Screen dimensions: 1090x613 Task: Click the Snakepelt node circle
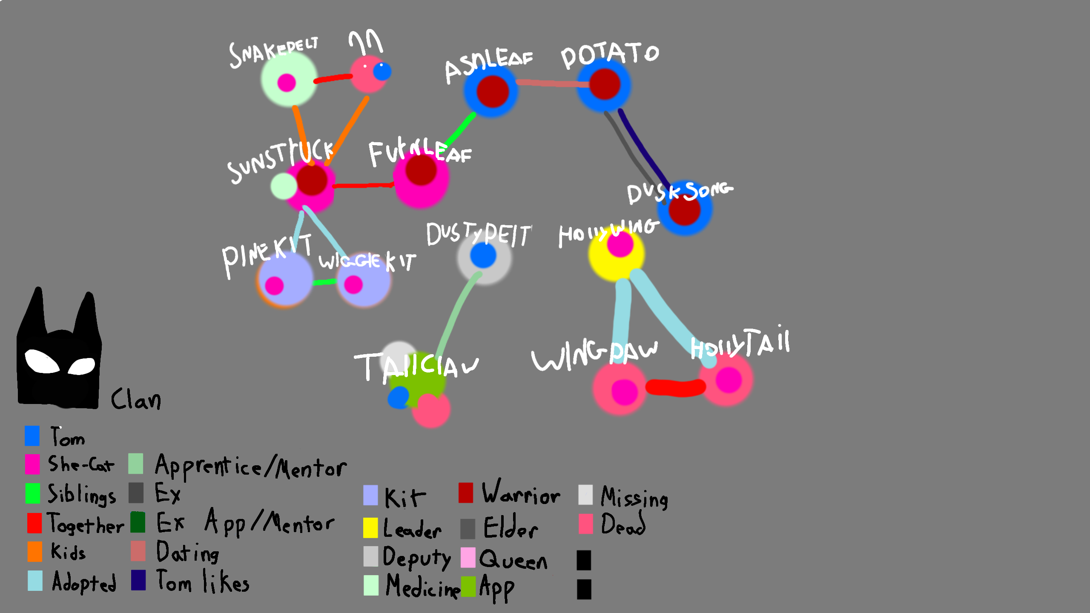tap(289, 79)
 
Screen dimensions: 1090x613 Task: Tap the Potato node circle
tap(604, 85)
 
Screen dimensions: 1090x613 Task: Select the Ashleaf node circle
tap(491, 91)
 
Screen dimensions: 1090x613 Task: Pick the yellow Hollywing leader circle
tap(616, 255)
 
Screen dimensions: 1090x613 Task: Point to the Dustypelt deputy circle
tap(484, 257)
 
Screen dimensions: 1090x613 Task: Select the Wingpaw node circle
tap(620, 389)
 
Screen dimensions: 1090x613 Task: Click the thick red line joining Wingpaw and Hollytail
tap(675, 387)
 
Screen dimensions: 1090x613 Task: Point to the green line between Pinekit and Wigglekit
tap(324, 282)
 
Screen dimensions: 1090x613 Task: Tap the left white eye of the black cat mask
tap(42, 361)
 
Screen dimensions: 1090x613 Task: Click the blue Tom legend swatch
tap(32, 435)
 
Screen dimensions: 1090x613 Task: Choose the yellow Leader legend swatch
tap(370, 527)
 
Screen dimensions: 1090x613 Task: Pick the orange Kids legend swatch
tap(35, 551)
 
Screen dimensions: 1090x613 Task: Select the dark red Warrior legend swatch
tap(466, 493)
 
